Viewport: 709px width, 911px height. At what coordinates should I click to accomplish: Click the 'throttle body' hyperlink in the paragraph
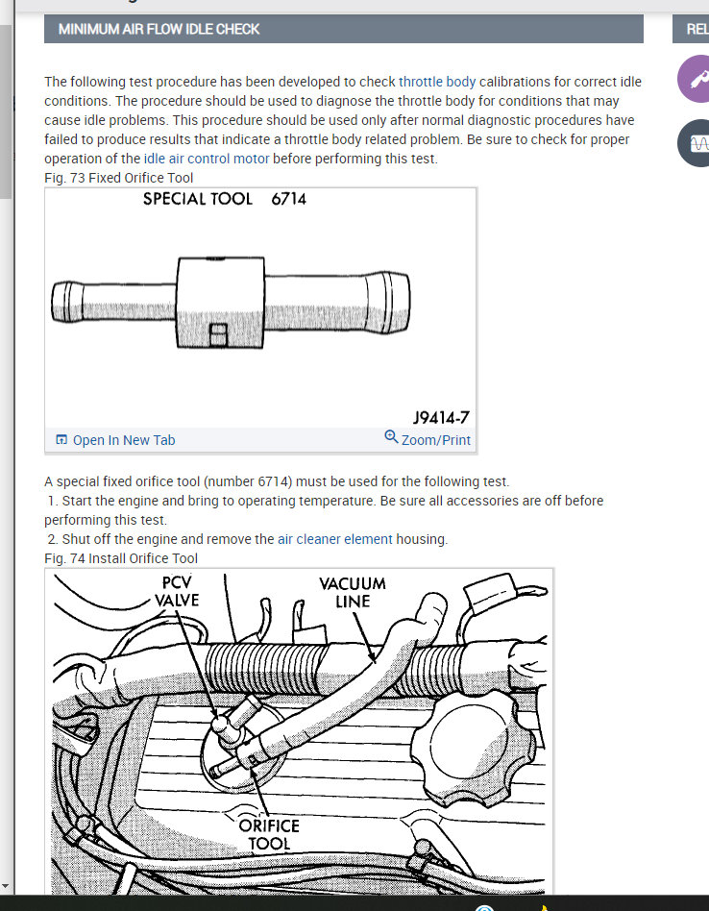pyautogui.click(x=437, y=82)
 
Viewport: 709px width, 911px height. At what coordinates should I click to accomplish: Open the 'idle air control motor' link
pyautogui.click(x=207, y=159)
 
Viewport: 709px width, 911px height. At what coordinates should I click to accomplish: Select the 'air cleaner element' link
pyautogui.click(x=335, y=539)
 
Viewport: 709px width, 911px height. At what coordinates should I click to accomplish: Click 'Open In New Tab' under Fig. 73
pyautogui.click(x=115, y=440)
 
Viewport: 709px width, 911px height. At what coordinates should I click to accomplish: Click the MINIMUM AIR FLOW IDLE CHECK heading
pyautogui.click(x=159, y=29)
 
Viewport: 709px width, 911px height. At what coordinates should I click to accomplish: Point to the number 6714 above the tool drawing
pyautogui.click(x=288, y=199)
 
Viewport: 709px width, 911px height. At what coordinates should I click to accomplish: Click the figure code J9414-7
pyautogui.click(x=441, y=418)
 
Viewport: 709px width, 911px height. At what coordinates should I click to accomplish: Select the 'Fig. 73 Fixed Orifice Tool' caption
pyautogui.click(x=118, y=178)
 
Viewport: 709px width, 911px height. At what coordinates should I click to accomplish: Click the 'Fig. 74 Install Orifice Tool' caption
pyautogui.click(x=121, y=558)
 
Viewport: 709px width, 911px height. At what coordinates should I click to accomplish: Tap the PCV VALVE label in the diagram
pyautogui.click(x=177, y=591)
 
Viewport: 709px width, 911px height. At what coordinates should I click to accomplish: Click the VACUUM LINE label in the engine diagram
pyautogui.click(x=353, y=592)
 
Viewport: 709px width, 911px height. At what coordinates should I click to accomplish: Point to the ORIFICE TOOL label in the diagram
pyautogui.click(x=269, y=834)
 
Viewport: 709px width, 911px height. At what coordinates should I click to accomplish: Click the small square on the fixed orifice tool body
pyautogui.click(x=218, y=335)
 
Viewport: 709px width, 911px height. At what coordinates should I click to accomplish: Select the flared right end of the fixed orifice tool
pyautogui.click(x=388, y=302)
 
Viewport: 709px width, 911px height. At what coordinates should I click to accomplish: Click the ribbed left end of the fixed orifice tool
pyautogui.click(x=67, y=302)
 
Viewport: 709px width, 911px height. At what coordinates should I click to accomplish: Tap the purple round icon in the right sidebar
pyautogui.click(x=696, y=79)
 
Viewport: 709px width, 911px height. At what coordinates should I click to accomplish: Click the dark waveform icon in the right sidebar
pyautogui.click(x=696, y=143)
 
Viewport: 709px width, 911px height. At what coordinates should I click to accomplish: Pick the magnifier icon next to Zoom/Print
pyautogui.click(x=391, y=437)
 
